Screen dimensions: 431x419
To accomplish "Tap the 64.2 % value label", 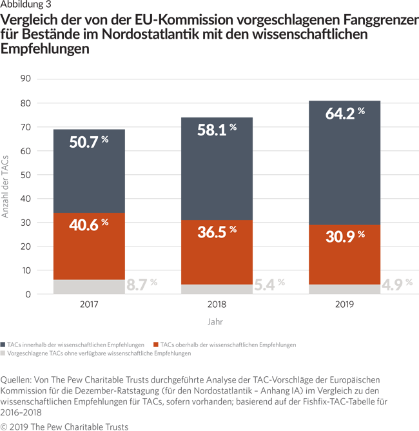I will point(343,114).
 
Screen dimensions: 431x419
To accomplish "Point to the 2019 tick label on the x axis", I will point(344,305).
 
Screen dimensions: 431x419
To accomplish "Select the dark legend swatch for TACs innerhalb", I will point(4,345).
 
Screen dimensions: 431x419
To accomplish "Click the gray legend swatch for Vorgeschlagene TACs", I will point(4,354).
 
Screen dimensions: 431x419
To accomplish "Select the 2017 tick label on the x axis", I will point(88,305).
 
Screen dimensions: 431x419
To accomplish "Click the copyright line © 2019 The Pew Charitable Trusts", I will point(64,426).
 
